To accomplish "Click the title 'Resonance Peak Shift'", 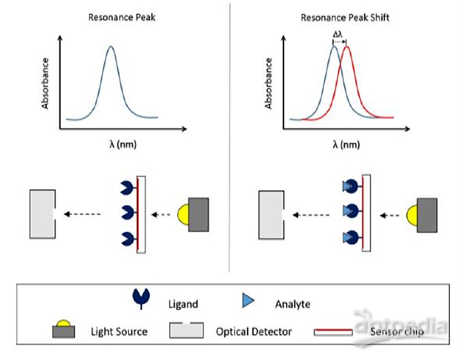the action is [344, 18].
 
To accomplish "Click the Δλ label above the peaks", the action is [338, 34].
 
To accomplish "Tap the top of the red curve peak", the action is [346, 46].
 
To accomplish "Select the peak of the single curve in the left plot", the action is [111, 46].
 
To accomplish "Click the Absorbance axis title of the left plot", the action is [45, 83].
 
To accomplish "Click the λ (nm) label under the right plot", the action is [346, 145].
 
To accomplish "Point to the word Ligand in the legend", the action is [183, 304].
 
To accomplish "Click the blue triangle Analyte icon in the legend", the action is [248, 300].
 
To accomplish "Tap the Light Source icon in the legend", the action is [64, 329].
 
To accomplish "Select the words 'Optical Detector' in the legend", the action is [253, 332].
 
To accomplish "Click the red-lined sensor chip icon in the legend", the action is [333, 332].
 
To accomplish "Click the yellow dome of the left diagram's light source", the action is [183, 215].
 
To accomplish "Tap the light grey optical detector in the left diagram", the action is [42, 214].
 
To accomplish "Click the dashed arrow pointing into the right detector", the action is [311, 215].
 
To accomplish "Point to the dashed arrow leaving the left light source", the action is [161, 215].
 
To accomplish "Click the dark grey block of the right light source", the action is [427, 215].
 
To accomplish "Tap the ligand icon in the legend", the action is [141, 299].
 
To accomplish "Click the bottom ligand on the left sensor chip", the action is [128, 238].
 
